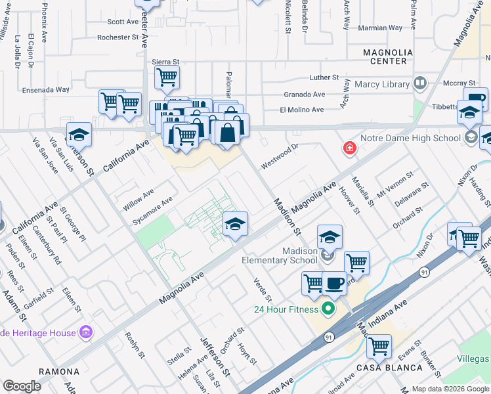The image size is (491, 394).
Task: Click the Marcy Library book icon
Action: (419, 83)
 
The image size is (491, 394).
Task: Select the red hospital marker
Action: (349, 149)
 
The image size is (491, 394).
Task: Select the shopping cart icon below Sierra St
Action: (167, 77)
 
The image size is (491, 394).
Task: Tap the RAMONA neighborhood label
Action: (58, 372)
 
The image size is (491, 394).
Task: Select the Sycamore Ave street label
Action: (152, 208)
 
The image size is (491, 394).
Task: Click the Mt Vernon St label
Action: (395, 183)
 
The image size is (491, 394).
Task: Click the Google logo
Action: (22, 386)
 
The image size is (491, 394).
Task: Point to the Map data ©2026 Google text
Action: (450, 389)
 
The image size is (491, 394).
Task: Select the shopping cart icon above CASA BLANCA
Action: (379, 345)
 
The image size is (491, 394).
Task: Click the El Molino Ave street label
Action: (301, 110)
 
